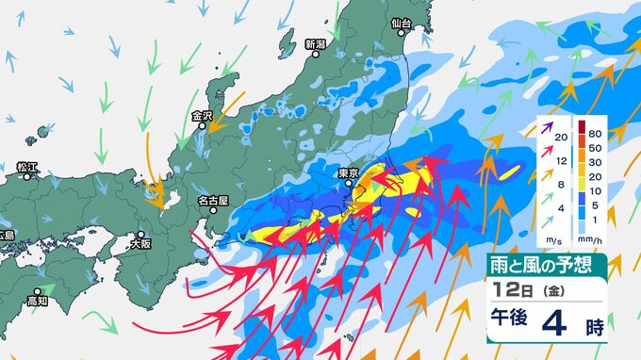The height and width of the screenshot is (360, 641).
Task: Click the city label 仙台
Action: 401,23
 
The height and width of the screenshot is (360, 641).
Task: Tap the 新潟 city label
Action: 316,44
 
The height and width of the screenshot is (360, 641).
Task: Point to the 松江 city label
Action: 26,168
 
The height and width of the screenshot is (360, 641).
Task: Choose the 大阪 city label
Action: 140,242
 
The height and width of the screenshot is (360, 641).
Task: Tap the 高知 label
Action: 38,301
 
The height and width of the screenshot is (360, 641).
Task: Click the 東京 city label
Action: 349,172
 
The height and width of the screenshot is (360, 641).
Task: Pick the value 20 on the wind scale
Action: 562,138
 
